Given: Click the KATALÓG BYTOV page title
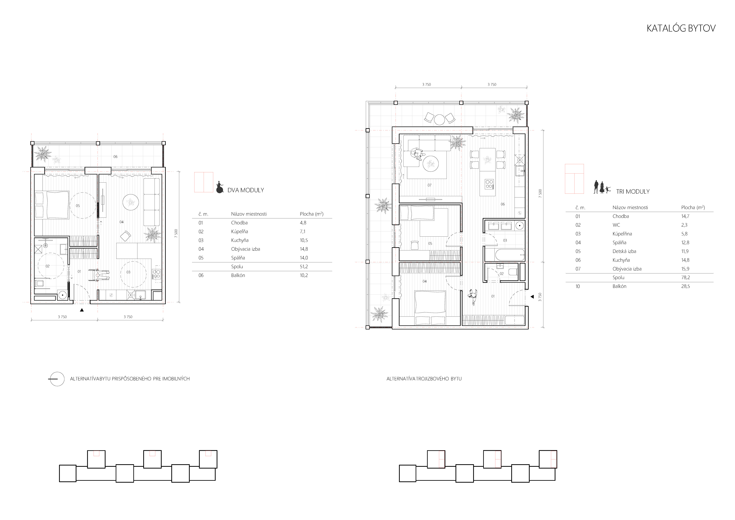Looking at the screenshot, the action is pos(681,28).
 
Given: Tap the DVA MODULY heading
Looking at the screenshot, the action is pos(246,190).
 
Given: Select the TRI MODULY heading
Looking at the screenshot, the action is pos(633,191).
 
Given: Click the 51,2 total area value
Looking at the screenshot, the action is pos(304,266).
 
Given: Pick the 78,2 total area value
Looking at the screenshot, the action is pos(685,278).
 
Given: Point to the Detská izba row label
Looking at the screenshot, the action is pos(624,251).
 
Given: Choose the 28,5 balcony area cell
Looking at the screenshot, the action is pos(685,286).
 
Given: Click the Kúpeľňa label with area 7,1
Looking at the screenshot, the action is pos(239,231).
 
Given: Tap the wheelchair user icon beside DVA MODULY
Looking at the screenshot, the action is pos(220,187).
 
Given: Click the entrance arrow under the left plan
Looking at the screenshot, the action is pos(82,310).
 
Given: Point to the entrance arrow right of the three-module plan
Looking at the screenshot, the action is pos(532,297).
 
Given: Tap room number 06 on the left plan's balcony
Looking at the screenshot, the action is pos(115,157).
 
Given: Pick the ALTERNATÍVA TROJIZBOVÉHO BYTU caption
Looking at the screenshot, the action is pos(424,379).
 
